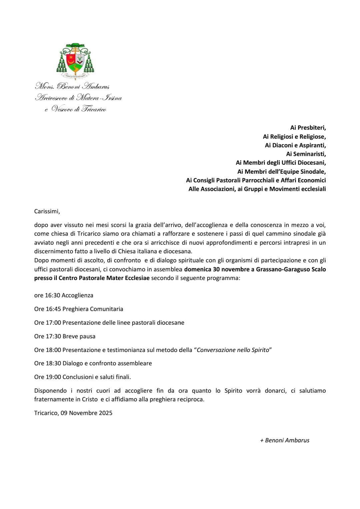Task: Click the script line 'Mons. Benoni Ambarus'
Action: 72,87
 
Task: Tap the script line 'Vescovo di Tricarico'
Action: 79,109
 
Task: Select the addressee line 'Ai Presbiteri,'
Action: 308,127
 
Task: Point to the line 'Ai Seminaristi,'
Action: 306,154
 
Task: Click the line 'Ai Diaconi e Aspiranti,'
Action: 295,145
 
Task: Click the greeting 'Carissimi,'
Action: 47,211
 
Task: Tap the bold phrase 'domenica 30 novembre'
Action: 212,269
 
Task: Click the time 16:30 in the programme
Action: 52,295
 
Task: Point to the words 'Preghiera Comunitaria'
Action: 93,309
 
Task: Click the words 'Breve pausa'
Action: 79,336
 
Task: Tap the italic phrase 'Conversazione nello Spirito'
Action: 233,350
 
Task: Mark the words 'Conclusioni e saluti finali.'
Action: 97,377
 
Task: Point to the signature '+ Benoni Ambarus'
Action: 285,440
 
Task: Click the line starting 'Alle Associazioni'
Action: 257,189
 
